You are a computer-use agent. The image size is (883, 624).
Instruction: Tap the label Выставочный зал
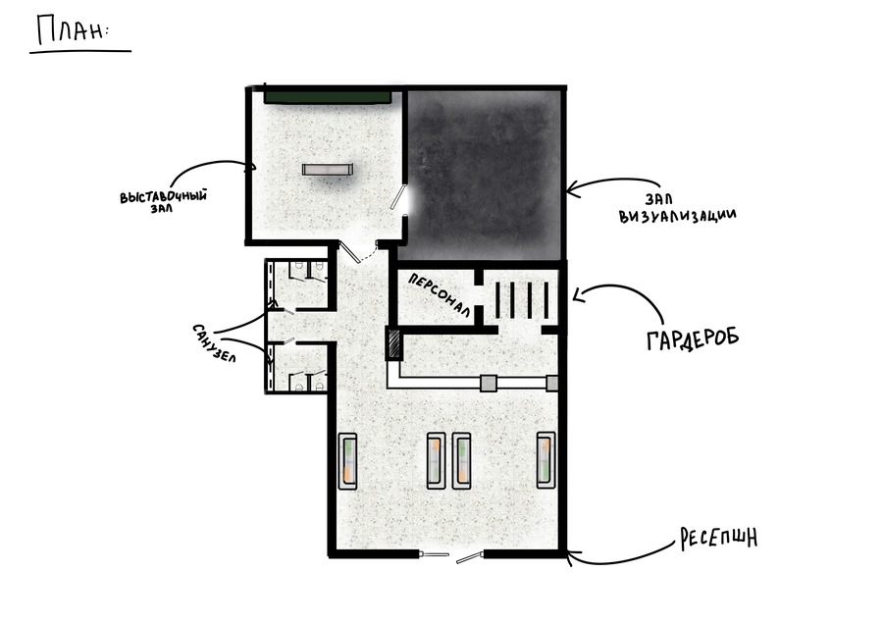point(163,201)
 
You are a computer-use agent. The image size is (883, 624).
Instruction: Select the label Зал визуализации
point(677,208)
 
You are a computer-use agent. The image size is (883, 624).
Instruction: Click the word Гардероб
point(693,338)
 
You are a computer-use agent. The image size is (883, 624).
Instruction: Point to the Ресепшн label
point(718,539)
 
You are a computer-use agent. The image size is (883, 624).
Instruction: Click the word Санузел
point(214,343)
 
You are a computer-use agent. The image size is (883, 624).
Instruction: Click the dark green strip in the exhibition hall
point(328,96)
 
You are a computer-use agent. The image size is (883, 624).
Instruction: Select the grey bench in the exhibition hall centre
point(327,170)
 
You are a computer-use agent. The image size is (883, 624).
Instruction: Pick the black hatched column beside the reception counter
point(393,344)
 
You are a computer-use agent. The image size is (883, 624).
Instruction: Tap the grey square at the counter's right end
point(551,384)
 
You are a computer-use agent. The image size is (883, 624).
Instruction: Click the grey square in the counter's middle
point(489,384)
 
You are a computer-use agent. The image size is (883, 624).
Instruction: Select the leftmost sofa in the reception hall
point(347,461)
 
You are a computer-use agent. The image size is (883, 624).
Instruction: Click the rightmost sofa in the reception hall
point(545,460)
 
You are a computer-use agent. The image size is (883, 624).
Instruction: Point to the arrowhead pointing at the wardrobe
point(577,294)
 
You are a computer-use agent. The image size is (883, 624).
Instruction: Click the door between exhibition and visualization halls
point(400,197)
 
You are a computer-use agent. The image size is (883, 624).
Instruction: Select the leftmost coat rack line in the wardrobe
point(497,299)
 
